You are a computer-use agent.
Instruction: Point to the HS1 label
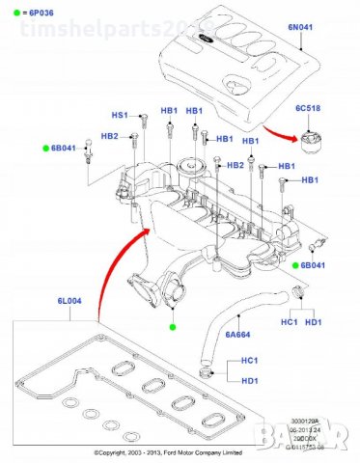point(121,114)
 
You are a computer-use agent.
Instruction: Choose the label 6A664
point(237,335)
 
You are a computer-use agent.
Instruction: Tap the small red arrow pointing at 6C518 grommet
point(281,135)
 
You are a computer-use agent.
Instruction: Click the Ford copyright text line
point(180,452)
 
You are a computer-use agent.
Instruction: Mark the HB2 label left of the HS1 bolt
point(108,137)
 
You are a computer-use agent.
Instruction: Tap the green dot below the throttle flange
point(173,328)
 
